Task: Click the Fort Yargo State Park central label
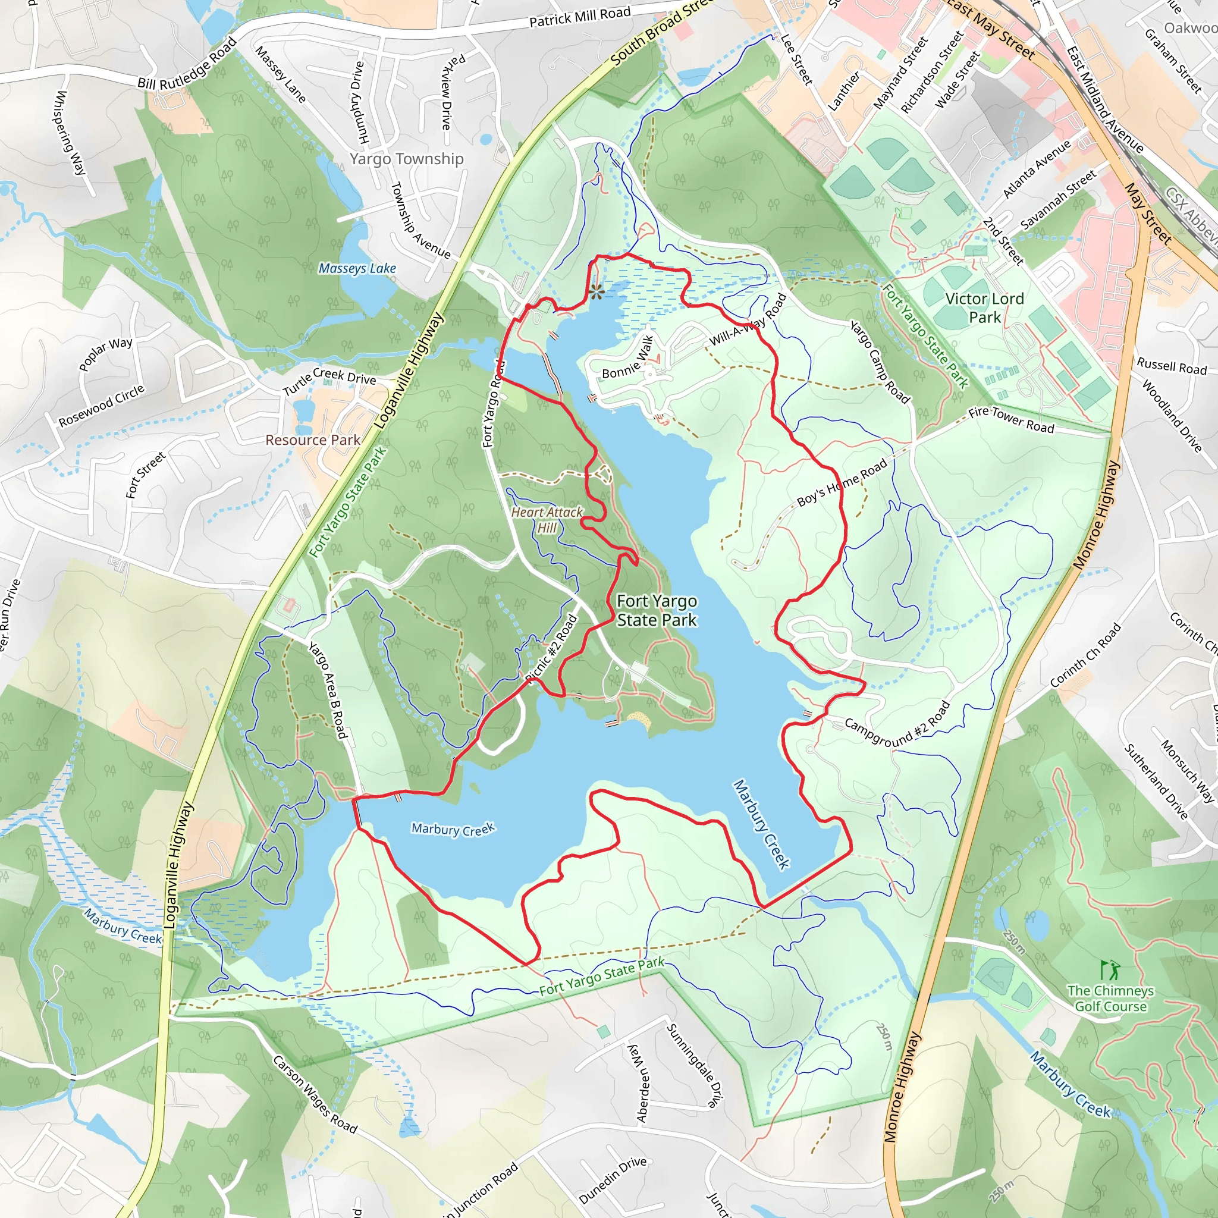pyautogui.click(x=657, y=610)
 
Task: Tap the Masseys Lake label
pyautogui.click(x=357, y=269)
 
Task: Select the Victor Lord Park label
pyautogui.click(x=984, y=307)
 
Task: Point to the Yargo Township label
pyautogui.click(x=407, y=159)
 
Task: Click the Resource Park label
pyautogui.click(x=312, y=440)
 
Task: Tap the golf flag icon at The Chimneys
pyautogui.click(x=1110, y=969)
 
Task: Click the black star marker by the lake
pyautogui.click(x=597, y=291)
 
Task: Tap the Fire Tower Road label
pyautogui.click(x=1010, y=419)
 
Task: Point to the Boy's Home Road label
pyautogui.click(x=842, y=482)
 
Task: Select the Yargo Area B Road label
pyautogui.click(x=327, y=690)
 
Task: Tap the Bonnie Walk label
pyautogui.click(x=627, y=357)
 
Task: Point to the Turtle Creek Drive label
pyautogui.click(x=328, y=381)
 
